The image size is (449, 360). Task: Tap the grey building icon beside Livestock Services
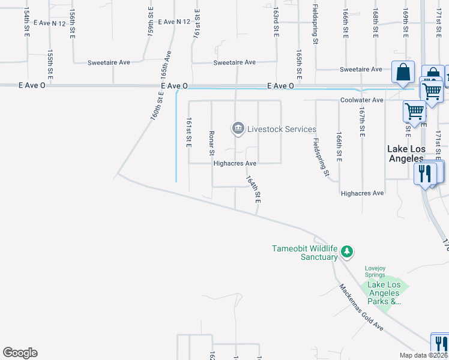238,128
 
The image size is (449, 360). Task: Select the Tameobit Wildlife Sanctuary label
305,253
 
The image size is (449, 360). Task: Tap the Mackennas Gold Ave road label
360,306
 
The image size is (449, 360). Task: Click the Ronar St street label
211,142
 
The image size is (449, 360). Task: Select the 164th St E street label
253,188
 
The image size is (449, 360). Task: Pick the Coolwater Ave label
361,100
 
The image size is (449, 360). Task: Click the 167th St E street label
362,121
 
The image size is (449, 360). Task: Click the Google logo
20,353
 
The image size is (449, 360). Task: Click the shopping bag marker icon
403,71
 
